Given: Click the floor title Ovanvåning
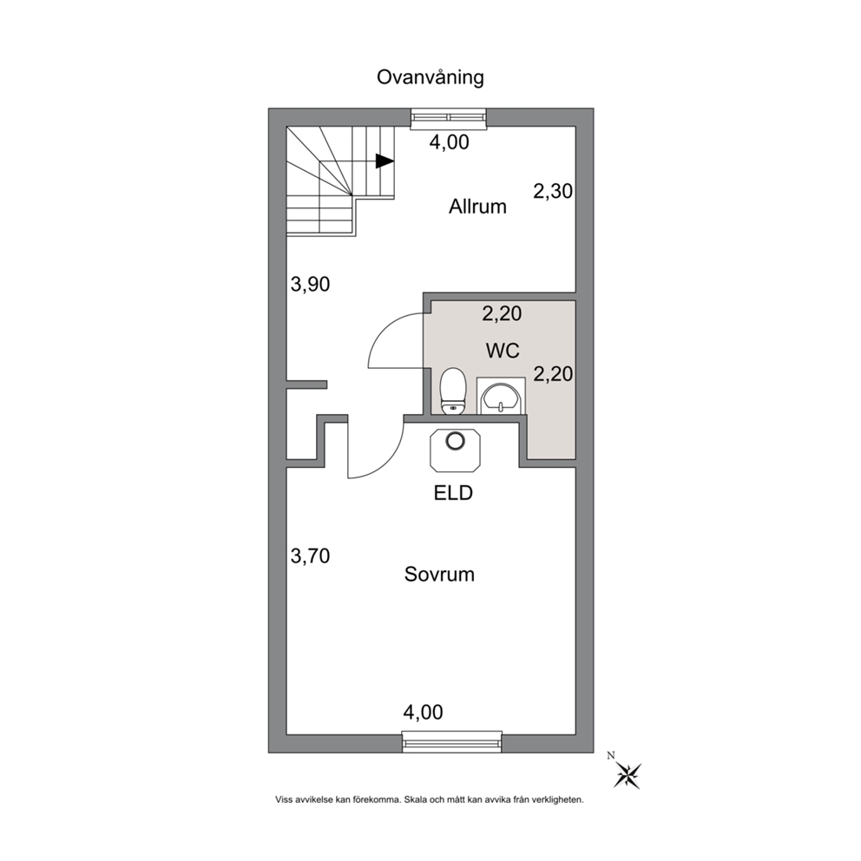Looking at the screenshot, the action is [x=430, y=77].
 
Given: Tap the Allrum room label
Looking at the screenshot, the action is [x=477, y=207].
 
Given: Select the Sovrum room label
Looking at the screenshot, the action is [x=439, y=575].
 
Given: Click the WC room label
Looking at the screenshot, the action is [x=503, y=351].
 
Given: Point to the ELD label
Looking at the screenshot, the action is [x=453, y=493].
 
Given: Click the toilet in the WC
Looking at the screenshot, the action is [x=454, y=391].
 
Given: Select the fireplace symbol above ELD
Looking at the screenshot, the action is [x=455, y=450].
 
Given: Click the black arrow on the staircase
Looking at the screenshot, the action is [x=384, y=161].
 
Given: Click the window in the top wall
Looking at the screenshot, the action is [x=449, y=118].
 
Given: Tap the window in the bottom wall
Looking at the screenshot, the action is [x=452, y=742].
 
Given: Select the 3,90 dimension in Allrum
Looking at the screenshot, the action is [x=310, y=285].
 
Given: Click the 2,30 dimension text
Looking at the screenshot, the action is [x=553, y=192].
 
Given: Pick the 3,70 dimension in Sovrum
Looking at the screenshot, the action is [x=310, y=556].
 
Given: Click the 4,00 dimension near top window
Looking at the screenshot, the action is [x=450, y=142].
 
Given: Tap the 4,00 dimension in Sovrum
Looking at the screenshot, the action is [x=423, y=713].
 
